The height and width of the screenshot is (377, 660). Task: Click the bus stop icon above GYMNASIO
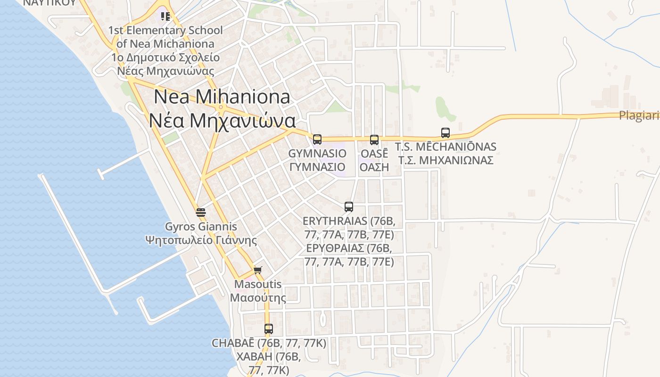pos(317,139)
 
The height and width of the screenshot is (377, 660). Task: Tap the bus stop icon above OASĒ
pos(374,139)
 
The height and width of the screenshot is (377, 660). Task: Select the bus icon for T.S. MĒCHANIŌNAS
pos(445,133)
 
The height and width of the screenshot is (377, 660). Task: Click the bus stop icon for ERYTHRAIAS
pos(349,206)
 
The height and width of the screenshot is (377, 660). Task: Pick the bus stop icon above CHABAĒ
pos(269,329)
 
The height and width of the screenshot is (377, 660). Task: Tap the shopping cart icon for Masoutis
pos(257,270)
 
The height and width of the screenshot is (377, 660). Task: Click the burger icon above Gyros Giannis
pos(201,212)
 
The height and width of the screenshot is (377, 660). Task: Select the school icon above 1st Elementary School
pos(165,16)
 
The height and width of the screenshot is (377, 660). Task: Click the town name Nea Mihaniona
pos(222,97)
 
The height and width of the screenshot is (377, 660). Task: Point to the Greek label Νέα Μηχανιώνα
pos(223,121)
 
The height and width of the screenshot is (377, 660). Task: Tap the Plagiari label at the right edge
pos(639,116)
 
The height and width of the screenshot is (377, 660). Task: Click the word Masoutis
pos(258,285)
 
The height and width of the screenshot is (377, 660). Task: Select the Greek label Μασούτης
pos(258,298)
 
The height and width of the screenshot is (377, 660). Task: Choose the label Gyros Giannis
pos(201,227)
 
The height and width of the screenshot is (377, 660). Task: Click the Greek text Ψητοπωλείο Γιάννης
pos(201,240)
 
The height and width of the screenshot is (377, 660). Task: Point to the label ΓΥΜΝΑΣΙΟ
pos(317,167)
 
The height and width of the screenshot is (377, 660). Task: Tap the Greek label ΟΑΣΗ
pos(374,167)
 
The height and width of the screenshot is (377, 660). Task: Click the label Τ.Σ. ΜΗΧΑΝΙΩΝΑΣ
pos(445,160)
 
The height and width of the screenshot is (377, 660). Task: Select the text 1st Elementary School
pos(165,31)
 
